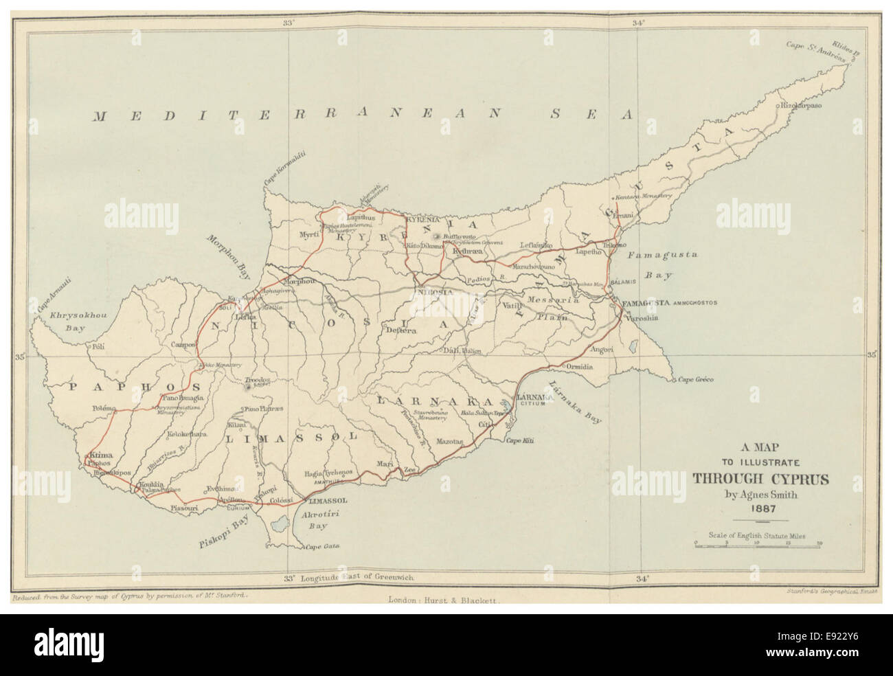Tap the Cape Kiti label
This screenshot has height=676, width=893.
point(521,440)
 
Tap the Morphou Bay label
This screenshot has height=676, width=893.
point(227,253)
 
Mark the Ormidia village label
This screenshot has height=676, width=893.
point(579,366)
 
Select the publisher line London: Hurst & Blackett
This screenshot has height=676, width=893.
point(446,599)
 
